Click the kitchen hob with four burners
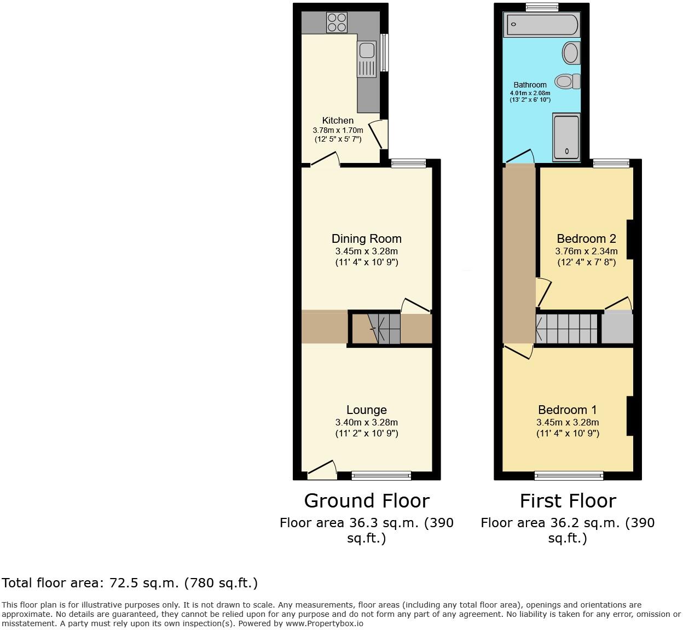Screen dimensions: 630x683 [337, 22]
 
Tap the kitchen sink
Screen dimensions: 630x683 [367, 51]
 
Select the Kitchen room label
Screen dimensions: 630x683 [338, 120]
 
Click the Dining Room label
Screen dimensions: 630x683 [366, 238]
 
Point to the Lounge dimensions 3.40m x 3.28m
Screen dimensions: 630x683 [366, 422]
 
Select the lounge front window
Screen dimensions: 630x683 [381, 476]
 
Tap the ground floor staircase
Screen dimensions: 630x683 [383, 328]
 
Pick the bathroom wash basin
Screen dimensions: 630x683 [570, 54]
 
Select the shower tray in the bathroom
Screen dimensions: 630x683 [566, 138]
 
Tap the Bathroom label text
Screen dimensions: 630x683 [530, 85]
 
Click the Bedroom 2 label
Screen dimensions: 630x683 [586, 238]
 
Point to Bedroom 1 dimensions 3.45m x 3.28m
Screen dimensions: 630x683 [568, 422]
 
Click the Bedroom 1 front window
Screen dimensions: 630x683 [569, 476]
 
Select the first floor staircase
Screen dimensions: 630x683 [567, 328]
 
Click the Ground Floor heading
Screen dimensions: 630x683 [367, 500]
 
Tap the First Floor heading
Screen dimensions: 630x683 [568, 500]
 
